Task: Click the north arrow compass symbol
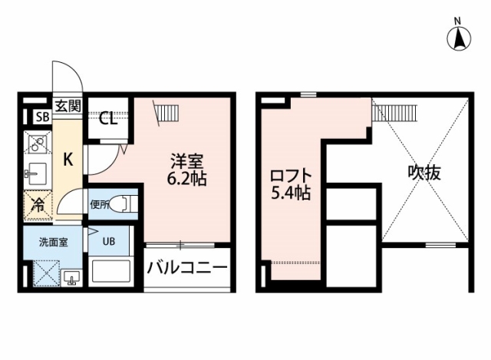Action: [x=459, y=39]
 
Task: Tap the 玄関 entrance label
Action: [x=68, y=106]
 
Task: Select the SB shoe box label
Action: [x=43, y=117]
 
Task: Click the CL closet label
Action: [x=108, y=119]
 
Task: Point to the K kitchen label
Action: [x=68, y=160]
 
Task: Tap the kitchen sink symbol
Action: [x=37, y=174]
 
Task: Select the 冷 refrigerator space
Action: [x=38, y=205]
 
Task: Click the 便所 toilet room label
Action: [x=100, y=205]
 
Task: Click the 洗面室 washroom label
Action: [x=53, y=243]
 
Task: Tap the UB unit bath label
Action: [x=109, y=241]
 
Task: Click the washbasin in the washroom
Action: [x=71, y=278]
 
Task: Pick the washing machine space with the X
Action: [x=46, y=273]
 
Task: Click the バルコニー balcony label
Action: [x=187, y=268]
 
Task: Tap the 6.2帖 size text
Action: [x=186, y=179]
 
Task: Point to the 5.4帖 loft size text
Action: [x=291, y=193]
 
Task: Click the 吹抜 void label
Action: [x=424, y=172]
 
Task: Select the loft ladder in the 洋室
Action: [x=166, y=113]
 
